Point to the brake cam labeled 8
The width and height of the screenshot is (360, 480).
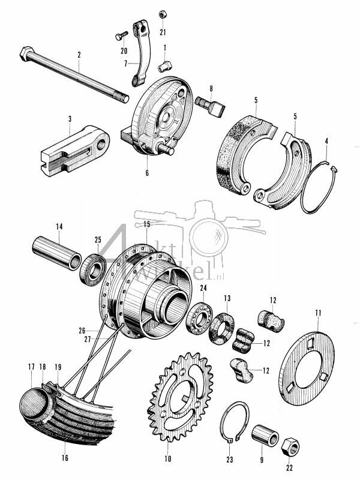pyautogui.click(x=208, y=107)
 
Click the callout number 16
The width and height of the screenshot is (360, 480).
pyautogui.click(x=64, y=457)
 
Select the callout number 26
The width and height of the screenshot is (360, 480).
pyautogui.click(x=82, y=329)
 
